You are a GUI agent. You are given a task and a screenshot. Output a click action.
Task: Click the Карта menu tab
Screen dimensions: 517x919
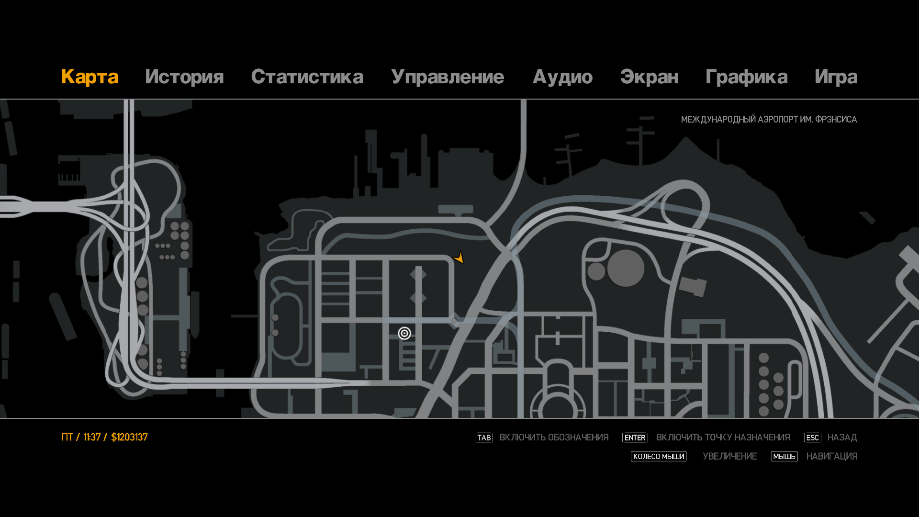pyautogui.click(x=90, y=77)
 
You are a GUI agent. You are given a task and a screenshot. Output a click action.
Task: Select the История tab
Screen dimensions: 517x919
pyautogui.click(x=184, y=77)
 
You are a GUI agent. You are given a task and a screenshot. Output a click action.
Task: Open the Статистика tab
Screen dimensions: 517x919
pyautogui.click(x=307, y=77)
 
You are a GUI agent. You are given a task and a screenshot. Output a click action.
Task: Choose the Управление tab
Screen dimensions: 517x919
pyautogui.click(x=448, y=77)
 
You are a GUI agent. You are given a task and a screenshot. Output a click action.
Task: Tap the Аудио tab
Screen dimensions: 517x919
pyautogui.click(x=562, y=77)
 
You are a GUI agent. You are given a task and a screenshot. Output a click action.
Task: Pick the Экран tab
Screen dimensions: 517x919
pyautogui.click(x=649, y=77)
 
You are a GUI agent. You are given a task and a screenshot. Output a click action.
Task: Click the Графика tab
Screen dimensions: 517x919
pyautogui.click(x=746, y=77)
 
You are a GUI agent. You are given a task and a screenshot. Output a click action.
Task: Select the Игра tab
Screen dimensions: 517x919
pyautogui.click(x=836, y=77)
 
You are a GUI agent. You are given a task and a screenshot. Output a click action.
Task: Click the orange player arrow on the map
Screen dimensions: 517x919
pyautogui.click(x=459, y=258)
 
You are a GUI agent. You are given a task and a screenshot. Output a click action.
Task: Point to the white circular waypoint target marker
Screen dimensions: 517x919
pyautogui.click(x=404, y=333)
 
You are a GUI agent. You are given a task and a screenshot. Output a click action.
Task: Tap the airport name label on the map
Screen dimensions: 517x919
pyautogui.click(x=769, y=119)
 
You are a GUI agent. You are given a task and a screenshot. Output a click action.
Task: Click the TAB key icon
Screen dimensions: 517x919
pyautogui.click(x=483, y=438)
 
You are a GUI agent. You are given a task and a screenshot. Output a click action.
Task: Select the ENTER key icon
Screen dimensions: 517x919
pyautogui.click(x=635, y=438)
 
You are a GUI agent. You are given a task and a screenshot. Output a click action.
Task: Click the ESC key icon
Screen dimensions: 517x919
pyautogui.click(x=812, y=438)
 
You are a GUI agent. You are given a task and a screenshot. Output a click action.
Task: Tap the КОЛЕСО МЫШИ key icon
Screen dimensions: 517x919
pyautogui.click(x=659, y=457)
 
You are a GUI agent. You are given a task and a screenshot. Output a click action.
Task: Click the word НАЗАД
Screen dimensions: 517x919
pyautogui.click(x=842, y=438)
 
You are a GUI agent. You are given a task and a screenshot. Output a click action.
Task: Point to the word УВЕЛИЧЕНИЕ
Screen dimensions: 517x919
pyautogui.click(x=729, y=457)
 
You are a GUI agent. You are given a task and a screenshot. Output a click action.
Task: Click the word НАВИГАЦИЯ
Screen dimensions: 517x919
pyautogui.click(x=831, y=457)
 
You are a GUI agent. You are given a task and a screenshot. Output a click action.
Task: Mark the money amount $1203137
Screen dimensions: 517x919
pyautogui.click(x=129, y=438)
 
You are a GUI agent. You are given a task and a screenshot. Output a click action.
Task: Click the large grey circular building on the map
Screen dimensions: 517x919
pyautogui.click(x=626, y=269)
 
